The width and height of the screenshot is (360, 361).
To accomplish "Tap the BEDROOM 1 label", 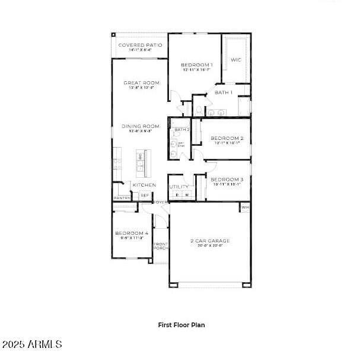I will (196, 65).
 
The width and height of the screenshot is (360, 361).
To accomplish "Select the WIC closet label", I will (235, 60).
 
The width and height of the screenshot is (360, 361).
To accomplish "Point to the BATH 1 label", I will (224, 92).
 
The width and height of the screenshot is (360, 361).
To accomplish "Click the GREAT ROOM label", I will (141, 83).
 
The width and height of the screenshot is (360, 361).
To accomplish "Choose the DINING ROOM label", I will (141, 126).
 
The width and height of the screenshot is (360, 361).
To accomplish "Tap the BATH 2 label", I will (181, 129).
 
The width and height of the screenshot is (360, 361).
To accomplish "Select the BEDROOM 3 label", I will (227, 180).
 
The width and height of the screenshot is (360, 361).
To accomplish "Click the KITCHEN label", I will (144, 185).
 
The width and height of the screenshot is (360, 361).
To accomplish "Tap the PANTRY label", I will (122, 198).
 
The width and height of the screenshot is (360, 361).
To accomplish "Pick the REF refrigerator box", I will (145, 195).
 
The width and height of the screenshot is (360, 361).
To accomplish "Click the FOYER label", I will (161, 202).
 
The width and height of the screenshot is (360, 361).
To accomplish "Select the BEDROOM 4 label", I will (132, 234).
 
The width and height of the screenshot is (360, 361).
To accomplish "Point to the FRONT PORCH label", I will (161, 246).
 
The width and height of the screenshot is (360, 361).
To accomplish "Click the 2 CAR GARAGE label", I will (210, 241).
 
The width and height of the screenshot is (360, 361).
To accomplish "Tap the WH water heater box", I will (245, 207).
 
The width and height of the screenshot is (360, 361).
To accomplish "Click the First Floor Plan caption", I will (181, 325).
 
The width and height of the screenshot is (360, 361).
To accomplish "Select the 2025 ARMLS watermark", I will (32, 344).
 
